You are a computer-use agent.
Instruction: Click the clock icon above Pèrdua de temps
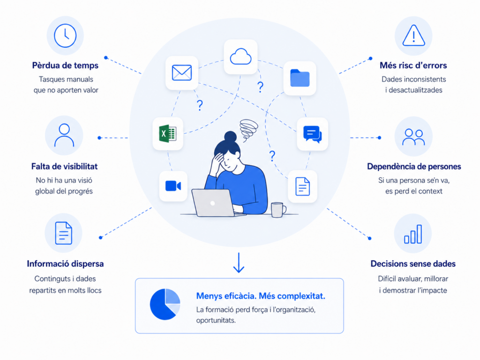click(65, 36)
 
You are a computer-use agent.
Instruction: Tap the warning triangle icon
click(413, 36)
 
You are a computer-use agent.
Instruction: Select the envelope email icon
click(182, 73)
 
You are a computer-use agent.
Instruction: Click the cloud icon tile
click(240, 57)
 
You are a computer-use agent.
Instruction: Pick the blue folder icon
click(300, 78)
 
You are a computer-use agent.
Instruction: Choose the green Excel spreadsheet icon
click(167, 134)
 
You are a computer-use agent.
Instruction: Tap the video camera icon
click(173, 186)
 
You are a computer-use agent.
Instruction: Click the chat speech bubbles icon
click(313, 134)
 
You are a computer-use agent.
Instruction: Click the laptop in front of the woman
click(213, 203)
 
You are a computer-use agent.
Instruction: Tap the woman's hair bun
click(230, 136)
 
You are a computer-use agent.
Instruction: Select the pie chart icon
click(165, 304)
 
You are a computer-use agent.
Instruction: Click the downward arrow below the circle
click(239, 262)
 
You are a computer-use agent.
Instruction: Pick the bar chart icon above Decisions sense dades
click(413, 234)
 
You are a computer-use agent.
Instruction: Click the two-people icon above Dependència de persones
click(413, 137)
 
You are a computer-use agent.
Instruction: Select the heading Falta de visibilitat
click(64, 166)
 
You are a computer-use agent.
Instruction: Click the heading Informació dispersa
click(65, 264)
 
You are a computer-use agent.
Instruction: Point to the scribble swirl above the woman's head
click(248, 130)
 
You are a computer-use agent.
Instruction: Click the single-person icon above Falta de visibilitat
click(64, 135)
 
